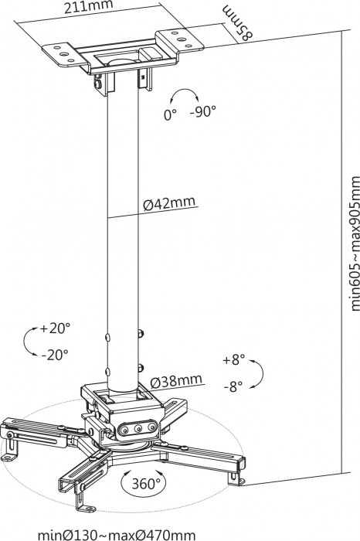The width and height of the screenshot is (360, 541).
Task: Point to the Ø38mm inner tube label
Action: click(177, 380)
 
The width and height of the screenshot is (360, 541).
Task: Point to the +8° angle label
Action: click(233, 360)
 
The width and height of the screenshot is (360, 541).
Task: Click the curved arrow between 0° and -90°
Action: click(185, 96)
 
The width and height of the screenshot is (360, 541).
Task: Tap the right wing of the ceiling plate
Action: click(174, 39)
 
